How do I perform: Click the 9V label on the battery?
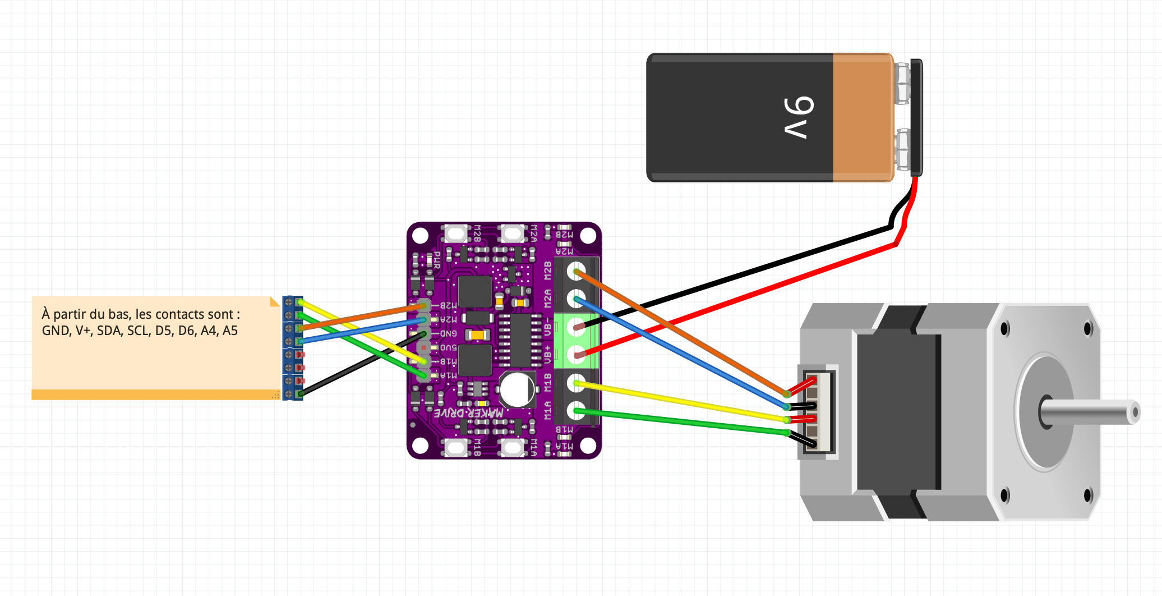(x=799, y=117)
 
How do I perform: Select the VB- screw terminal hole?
(x=576, y=326)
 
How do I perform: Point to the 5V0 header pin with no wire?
(x=425, y=348)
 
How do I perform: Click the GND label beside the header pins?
(x=448, y=333)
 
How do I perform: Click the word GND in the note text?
(x=56, y=331)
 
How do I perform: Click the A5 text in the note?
(x=230, y=331)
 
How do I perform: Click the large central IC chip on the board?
(x=521, y=340)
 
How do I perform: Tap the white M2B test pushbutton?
(x=455, y=232)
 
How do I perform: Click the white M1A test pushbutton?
(x=511, y=447)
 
